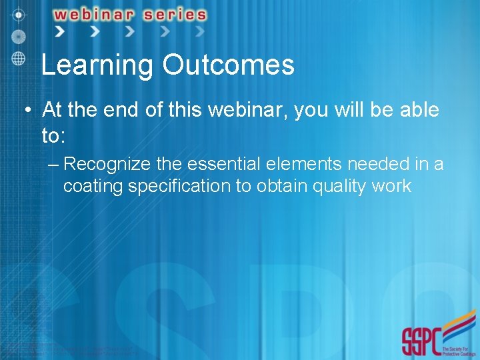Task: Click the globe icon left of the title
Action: pos(19,58)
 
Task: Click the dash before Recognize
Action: pos(53,164)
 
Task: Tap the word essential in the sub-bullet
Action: pos(208,163)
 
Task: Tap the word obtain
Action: pos(276,186)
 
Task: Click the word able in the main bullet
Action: pos(418,109)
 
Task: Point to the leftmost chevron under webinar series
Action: pos(60,31)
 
